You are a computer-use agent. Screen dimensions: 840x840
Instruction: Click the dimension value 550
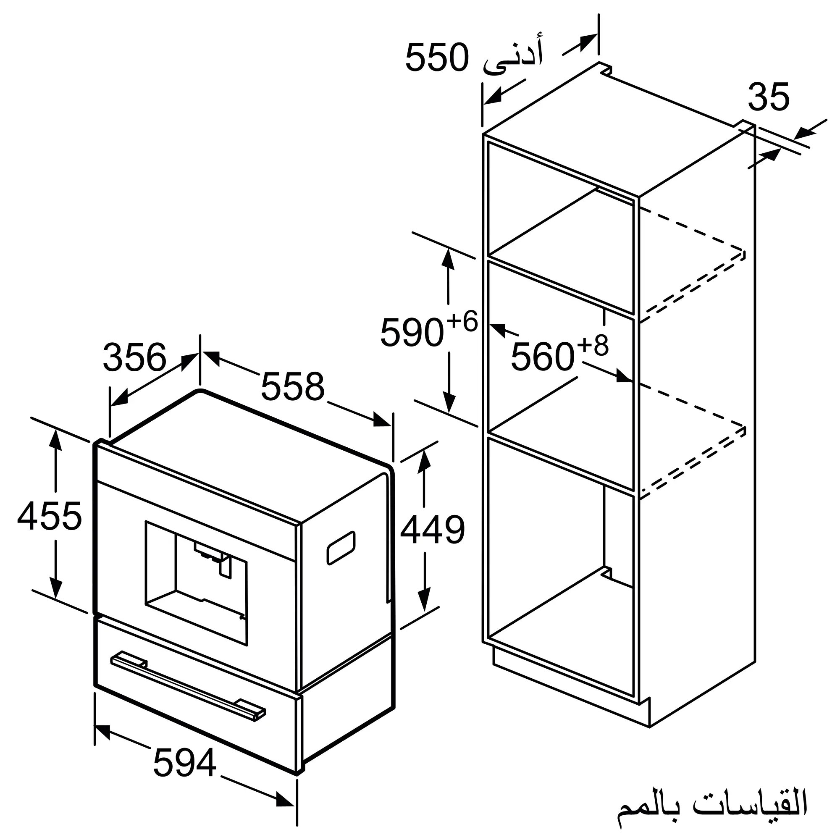point(437,58)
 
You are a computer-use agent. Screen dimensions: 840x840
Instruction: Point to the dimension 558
point(293,386)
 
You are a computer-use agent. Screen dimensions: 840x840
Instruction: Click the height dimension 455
point(50,516)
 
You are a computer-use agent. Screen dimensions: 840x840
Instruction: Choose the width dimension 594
point(185,763)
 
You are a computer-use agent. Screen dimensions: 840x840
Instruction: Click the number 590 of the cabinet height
point(411,333)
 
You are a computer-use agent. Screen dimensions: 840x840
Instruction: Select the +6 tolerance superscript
point(462,322)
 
